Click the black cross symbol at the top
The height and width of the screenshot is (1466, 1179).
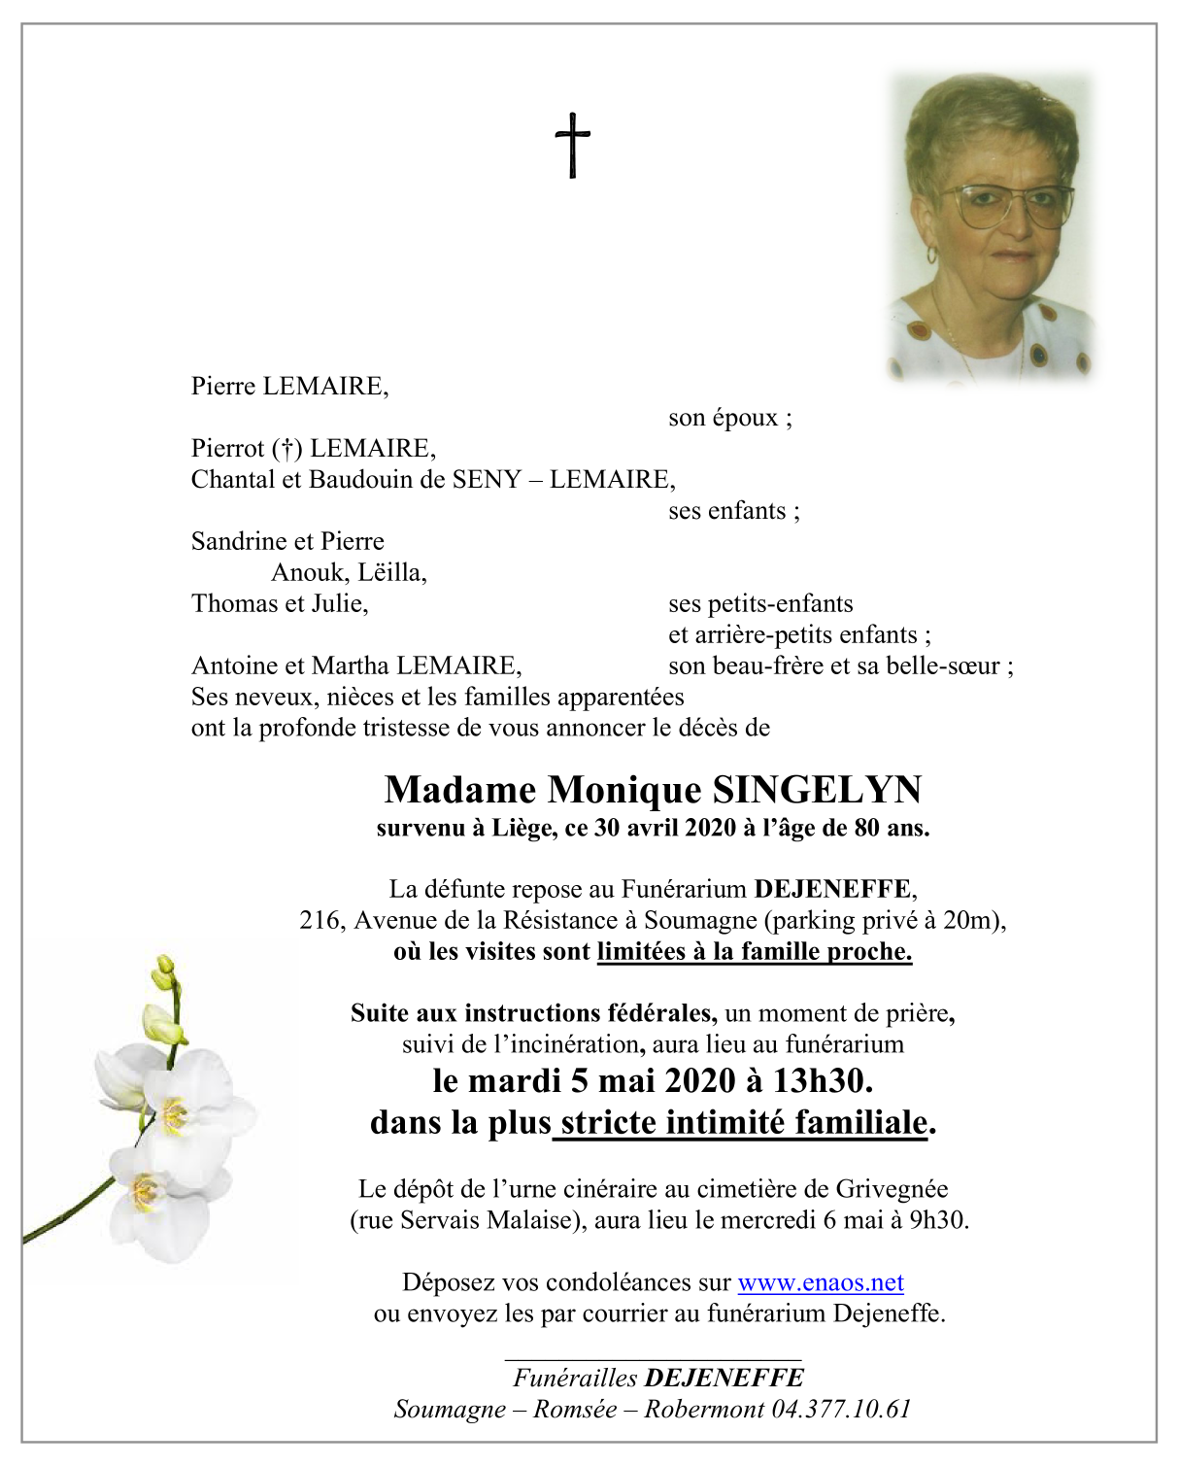pos(573,145)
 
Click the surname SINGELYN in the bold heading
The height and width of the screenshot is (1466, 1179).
pos(817,790)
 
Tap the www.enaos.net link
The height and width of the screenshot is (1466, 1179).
pos(821,1282)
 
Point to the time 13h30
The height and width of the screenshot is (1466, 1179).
pos(822,1080)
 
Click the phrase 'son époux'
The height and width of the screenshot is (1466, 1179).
pos(729,418)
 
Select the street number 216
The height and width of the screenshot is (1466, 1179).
pos(320,920)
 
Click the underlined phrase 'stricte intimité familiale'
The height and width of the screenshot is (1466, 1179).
pos(744,1123)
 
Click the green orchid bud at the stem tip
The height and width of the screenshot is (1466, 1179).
pos(164,967)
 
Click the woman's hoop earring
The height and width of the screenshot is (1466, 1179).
pos(932,255)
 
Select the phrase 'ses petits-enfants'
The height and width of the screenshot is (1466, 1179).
pos(760,603)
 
